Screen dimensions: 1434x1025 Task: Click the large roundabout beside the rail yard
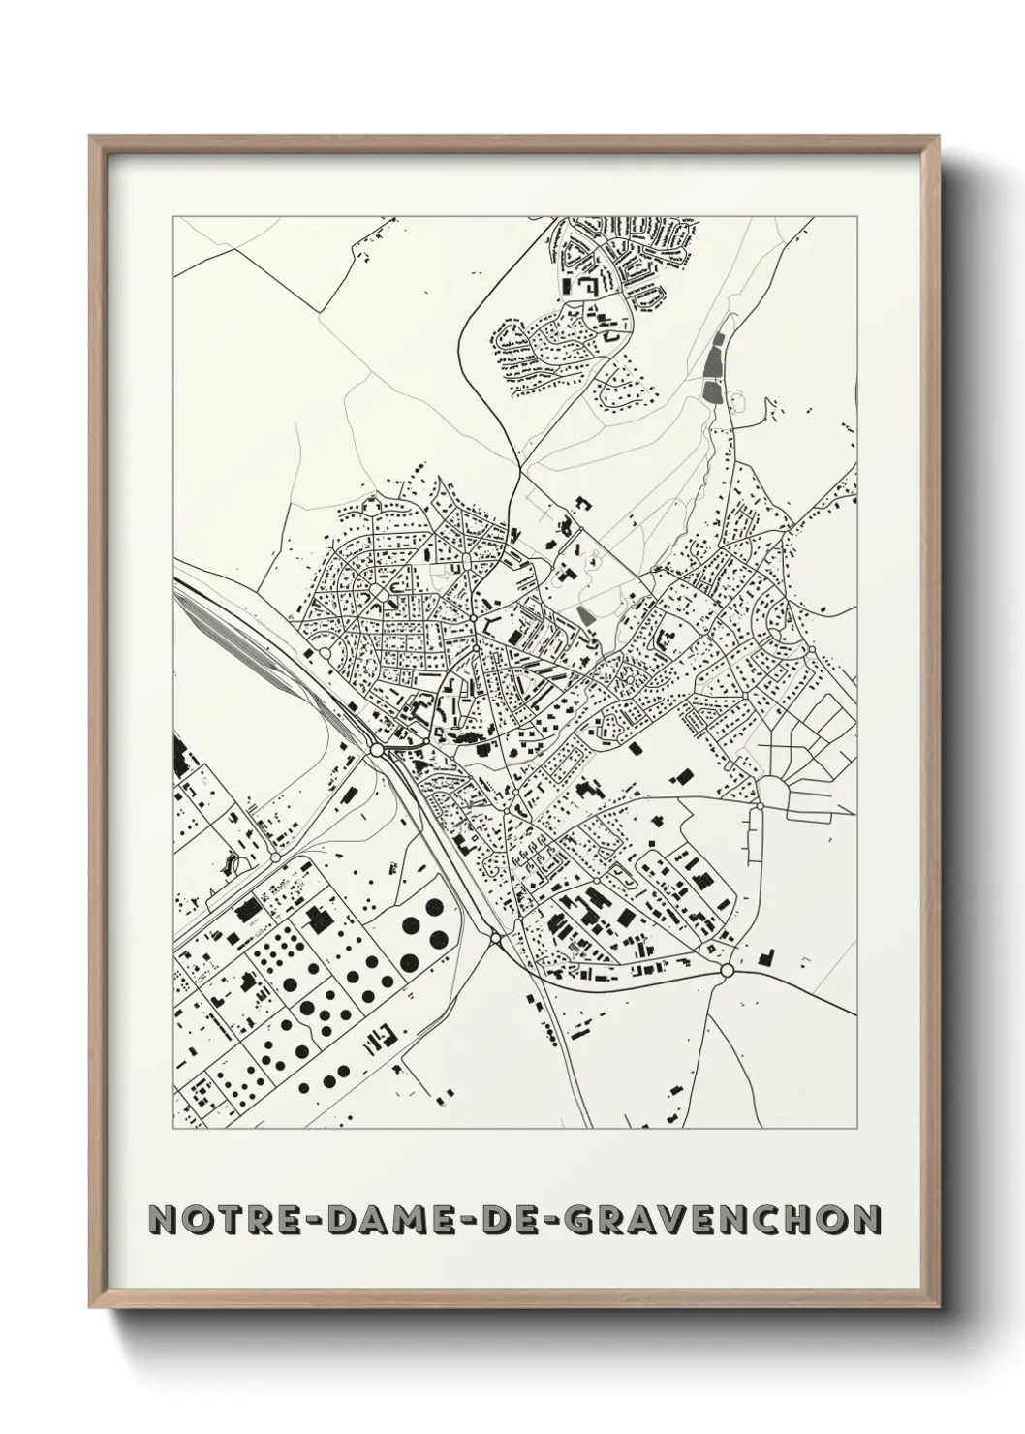(376, 750)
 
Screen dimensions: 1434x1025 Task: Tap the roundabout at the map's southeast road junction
(727, 970)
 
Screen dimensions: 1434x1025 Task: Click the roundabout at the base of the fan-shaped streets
(761, 804)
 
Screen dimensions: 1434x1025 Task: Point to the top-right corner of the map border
(856, 216)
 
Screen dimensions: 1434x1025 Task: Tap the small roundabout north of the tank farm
(276, 857)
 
